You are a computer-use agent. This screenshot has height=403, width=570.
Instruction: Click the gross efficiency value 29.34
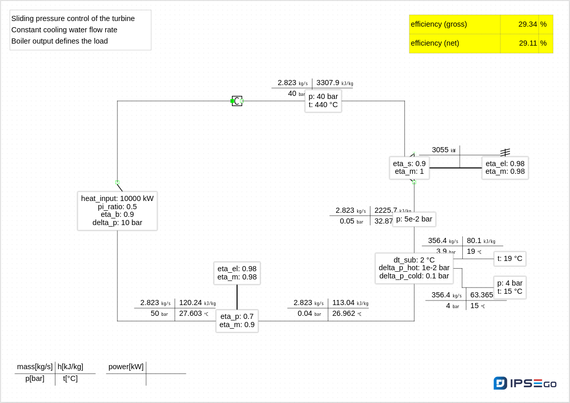pyautogui.click(x=527, y=24)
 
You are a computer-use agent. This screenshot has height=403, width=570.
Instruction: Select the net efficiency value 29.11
pyautogui.click(x=528, y=43)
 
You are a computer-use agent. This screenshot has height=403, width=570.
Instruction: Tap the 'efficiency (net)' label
pyautogui.click(x=435, y=43)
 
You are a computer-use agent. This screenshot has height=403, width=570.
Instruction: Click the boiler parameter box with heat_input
pyautogui.click(x=117, y=211)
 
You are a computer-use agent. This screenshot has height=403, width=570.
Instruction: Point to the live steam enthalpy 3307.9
pyautogui.click(x=328, y=83)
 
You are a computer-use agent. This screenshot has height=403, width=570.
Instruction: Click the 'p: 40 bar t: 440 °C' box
pyautogui.click(x=323, y=100)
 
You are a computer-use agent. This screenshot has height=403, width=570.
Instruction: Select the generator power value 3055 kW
pyautogui.click(x=440, y=150)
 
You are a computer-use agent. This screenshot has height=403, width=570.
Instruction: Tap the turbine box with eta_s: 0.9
pyautogui.click(x=409, y=168)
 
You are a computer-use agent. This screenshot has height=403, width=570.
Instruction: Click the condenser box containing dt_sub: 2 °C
pyautogui.click(x=414, y=268)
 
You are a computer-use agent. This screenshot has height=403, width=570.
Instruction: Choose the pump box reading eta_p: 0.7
pyautogui.click(x=237, y=320)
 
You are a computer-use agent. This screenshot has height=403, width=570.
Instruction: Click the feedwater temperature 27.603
pyautogui.click(x=190, y=313)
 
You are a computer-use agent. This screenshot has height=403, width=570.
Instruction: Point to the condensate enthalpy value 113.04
pyautogui.click(x=343, y=303)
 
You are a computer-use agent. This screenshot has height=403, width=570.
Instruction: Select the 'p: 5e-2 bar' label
pyautogui.click(x=414, y=219)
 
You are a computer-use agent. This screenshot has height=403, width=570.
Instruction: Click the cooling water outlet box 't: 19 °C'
pyautogui.click(x=510, y=258)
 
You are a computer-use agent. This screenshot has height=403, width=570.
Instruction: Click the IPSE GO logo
pyautogui.click(x=525, y=383)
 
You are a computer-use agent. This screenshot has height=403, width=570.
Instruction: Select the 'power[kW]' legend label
pyautogui.click(x=126, y=367)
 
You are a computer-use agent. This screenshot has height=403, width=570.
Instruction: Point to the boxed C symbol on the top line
pyautogui.click(x=237, y=101)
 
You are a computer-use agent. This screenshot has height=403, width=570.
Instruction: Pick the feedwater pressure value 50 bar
pyautogui.click(x=155, y=313)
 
